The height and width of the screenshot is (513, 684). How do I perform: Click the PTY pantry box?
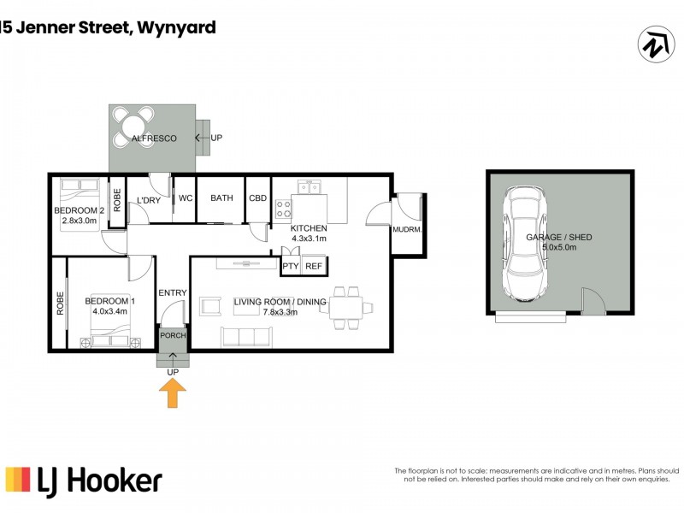(292, 267)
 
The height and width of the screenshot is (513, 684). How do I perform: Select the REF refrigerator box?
(314, 267)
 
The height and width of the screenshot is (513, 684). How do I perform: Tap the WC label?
(185, 198)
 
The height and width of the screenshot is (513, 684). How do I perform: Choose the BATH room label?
(221, 198)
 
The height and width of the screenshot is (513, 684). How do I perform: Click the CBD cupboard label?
(258, 198)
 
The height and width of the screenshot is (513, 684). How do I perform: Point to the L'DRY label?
(149, 201)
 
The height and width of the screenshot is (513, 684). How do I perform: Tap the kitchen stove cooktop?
(284, 209)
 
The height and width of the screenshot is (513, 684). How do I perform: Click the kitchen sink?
(309, 186)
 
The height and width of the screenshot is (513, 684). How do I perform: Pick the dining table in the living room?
(348, 306)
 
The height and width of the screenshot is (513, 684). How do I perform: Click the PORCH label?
(173, 335)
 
